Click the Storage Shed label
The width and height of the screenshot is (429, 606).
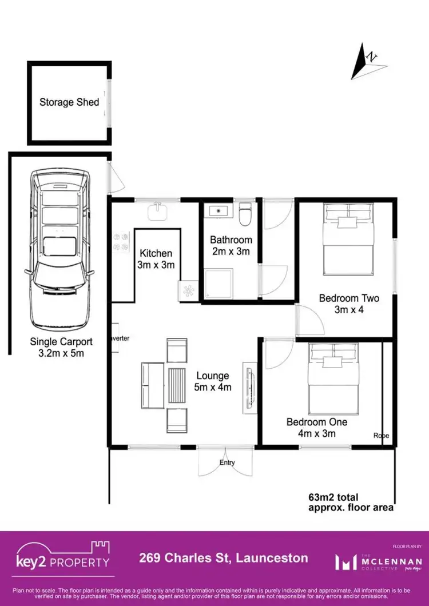69,102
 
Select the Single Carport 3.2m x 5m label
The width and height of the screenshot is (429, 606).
61,348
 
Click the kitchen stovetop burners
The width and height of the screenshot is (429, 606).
121,241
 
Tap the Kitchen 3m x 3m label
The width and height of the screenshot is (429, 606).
156,259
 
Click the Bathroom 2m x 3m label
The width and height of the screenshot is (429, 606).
231,245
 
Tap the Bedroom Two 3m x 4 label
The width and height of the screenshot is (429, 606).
349,304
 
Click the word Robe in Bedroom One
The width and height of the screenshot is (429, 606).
381,436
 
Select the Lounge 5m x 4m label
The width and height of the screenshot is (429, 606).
213,381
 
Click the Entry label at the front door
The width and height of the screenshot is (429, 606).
227,463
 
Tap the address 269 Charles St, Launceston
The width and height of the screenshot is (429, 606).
224,558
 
